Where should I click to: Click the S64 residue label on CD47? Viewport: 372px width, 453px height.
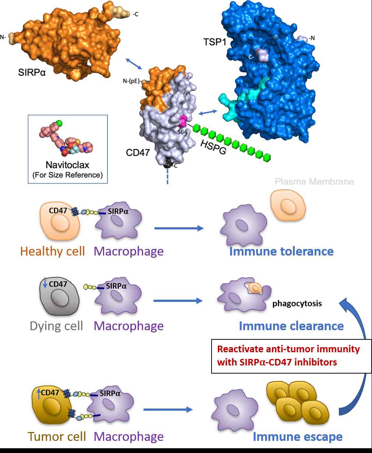(183, 131)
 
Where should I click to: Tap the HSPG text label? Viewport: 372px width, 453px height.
(213, 147)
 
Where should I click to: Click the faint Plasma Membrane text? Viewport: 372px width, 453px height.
(314, 182)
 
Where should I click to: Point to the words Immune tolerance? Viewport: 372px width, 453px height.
(281, 252)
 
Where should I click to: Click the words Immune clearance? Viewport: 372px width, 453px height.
(291, 326)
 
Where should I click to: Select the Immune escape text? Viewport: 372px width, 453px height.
(297, 437)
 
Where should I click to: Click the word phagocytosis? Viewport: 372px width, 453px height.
(297, 304)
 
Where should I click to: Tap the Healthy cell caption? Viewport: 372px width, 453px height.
(53, 252)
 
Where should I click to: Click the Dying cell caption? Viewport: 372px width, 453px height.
(56, 326)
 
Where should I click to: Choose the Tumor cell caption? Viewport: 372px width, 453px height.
(57, 437)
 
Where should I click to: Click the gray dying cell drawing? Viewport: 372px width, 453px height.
(59, 297)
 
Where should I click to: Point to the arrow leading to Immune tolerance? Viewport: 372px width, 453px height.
(179, 229)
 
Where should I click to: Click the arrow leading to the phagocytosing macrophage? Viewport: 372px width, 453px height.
(178, 301)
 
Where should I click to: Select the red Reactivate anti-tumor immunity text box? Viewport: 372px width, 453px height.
(288, 356)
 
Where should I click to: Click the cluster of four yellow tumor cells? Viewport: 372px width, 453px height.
(297, 403)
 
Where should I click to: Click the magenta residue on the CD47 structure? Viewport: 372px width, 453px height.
(183, 120)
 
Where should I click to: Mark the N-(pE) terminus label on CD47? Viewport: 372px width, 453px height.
(131, 81)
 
